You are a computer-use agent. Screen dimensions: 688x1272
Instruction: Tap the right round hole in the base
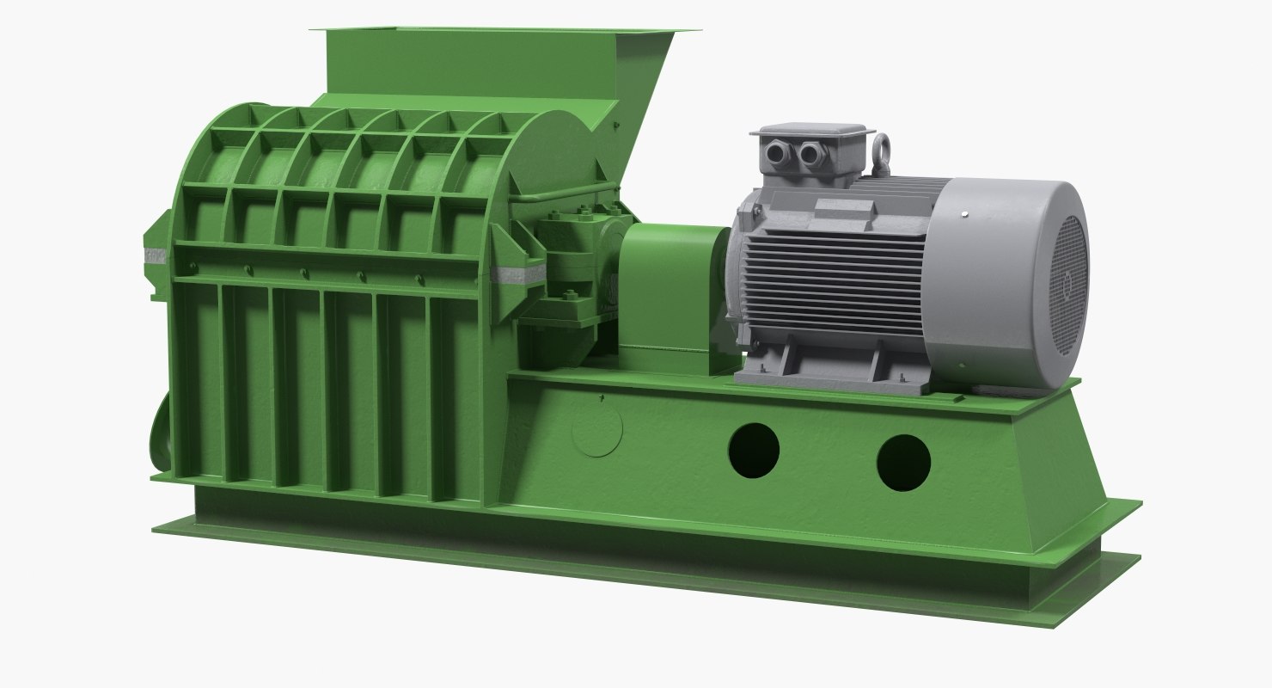pos(903,463)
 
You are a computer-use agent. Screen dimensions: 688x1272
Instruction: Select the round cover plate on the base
pos(596,428)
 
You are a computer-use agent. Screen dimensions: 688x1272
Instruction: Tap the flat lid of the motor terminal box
pos(811,132)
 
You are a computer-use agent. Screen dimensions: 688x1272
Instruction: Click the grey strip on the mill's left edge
pos(156,255)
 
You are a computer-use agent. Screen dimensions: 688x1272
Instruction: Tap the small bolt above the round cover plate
pos(602,397)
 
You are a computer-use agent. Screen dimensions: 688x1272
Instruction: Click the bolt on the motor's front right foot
pos(901,379)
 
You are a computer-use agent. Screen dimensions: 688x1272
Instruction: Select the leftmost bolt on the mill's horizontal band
pos(192,267)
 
